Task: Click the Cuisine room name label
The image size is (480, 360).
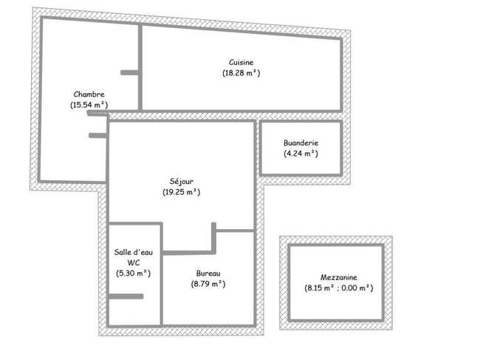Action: point(241,62)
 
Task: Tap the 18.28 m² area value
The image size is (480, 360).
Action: point(241,73)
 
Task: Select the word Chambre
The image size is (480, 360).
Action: point(89,94)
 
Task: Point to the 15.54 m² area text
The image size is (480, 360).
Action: point(89,105)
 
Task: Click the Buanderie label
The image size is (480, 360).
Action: point(301,143)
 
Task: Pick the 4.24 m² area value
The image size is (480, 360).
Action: point(301,153)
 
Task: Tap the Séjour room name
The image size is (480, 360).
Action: point(182,181)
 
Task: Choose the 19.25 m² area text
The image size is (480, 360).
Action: point(182,192)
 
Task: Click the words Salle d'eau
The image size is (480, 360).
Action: point(134,252)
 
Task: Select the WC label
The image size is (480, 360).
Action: point(134,262)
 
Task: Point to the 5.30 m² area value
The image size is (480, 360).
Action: point(134,273)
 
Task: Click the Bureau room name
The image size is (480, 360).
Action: point(208,274)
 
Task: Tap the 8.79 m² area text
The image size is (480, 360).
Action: point(208,284)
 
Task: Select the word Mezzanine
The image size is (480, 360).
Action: point(339,277)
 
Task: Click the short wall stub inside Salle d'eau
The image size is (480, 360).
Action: point(126,296)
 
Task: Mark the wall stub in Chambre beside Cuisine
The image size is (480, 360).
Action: point(130,72)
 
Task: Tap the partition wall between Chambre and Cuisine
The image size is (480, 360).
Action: point(140,67)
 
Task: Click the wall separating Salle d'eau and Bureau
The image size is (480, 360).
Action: point(161,274)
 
